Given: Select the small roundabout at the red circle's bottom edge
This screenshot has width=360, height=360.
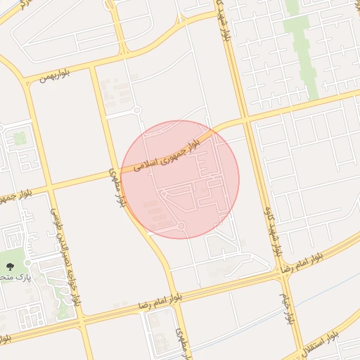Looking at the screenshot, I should point(181,226).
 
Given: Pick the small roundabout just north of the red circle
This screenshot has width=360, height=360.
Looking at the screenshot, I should point(137,110).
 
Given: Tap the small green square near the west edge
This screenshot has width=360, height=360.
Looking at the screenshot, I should point(20,139).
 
